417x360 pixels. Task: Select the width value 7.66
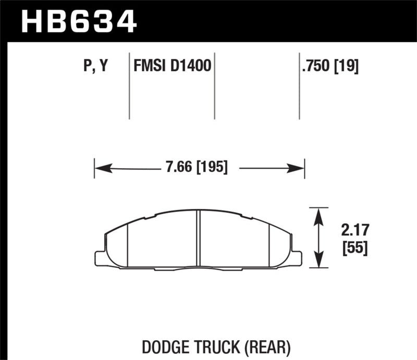pyautogui.click(x=177, y=168)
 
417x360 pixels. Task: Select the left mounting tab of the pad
pyautogui.click(x=101, y=257)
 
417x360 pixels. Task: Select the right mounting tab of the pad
pyautogui.click(x=296, y=257)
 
